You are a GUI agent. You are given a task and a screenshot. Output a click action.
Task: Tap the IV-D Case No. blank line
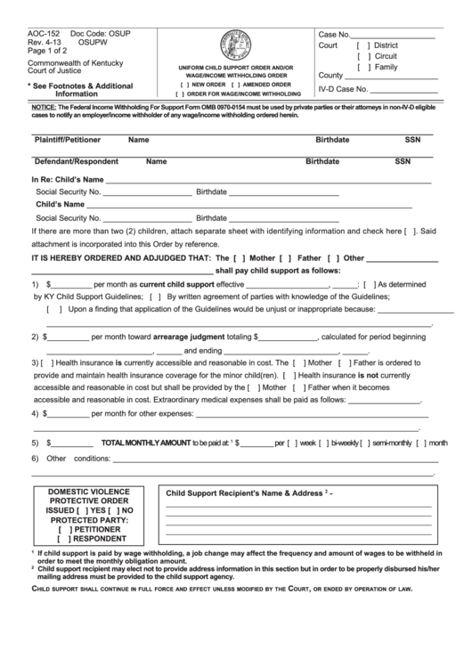point(406,90)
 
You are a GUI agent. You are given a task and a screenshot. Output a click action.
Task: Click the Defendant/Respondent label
point(76,162)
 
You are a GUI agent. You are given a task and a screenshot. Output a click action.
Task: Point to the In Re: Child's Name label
point(69,180)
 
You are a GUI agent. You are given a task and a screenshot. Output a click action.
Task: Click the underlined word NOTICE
point(44,106)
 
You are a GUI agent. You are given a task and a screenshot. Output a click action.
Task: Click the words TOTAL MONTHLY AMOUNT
point(146,443)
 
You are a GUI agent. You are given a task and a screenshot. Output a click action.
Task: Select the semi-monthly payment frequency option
point(368,443)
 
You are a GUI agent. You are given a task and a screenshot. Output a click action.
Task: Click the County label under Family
point(330,76)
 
